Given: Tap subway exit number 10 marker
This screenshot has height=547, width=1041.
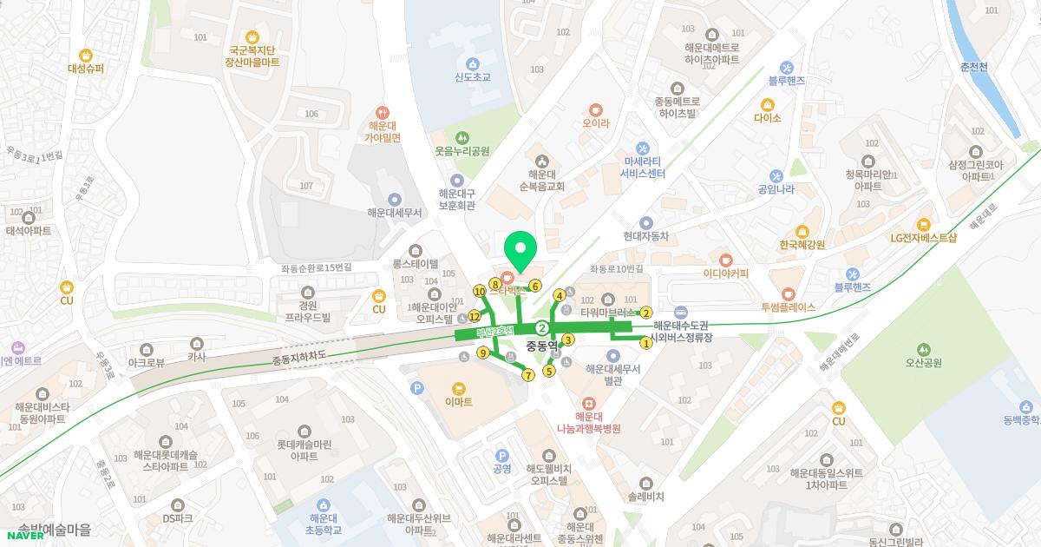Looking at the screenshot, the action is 480,291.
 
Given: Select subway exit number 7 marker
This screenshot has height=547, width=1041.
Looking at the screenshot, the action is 528,375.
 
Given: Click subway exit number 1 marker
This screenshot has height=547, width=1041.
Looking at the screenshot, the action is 645,343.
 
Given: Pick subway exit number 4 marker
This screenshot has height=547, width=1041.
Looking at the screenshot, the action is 560,295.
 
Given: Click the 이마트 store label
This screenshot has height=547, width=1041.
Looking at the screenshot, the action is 458,402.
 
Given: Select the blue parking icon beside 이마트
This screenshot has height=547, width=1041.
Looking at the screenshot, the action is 417,388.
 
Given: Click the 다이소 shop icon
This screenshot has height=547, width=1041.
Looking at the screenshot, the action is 767,104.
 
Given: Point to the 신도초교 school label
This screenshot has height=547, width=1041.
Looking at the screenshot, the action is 473,77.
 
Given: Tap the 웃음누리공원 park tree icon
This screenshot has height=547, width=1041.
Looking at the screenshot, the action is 462,137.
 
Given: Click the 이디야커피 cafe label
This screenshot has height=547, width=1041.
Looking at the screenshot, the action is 726,273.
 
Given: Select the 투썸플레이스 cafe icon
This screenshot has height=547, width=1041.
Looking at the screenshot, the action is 788,293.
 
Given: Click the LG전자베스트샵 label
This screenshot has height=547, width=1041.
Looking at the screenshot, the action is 923,238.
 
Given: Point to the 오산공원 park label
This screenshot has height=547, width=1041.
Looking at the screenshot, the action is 923,363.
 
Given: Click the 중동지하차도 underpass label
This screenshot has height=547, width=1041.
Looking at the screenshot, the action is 298,358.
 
